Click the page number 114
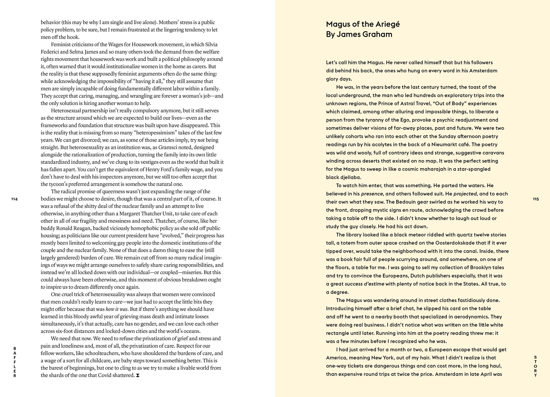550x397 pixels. [14, 199]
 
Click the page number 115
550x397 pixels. [536, 199]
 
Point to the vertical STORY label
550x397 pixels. [536, 366]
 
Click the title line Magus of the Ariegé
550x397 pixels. [363, 24]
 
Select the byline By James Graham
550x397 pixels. [359, 34]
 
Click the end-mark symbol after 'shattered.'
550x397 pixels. [137, 375]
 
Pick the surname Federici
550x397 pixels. [50, 52]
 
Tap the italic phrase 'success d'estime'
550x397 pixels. [364, 284]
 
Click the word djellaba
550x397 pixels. [350, 177]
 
